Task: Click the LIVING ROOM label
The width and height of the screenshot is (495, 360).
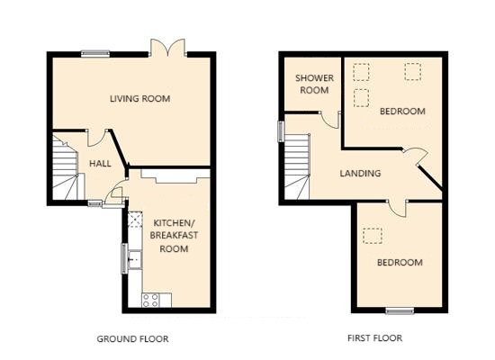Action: coord(139,98)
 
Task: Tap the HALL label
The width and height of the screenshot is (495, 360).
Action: coord(100,163)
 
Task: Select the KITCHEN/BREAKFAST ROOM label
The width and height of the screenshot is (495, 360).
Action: coord(174,236)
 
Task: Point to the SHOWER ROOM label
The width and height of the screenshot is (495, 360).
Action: coord(314,84)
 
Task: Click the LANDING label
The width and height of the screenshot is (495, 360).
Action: coord(360,173)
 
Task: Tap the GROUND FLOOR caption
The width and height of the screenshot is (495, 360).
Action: coord(132,338)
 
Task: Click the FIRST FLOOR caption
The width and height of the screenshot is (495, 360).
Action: coord(374,338)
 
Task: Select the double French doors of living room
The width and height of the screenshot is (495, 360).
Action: coord(167,48)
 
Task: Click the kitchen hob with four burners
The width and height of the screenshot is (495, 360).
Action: coord(150,300)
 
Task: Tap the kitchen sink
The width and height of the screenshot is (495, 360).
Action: coord(135,259)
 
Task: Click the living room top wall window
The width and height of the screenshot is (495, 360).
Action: coord(95,54)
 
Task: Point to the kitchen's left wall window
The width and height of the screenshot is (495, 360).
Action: coord(125,258)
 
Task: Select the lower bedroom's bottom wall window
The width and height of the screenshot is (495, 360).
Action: coord(400,311)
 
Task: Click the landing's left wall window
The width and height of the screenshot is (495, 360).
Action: coord(281,131)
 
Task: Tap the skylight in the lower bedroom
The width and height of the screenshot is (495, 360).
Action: coord(373,236)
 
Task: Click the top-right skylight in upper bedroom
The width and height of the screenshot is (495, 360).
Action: coord(413,72)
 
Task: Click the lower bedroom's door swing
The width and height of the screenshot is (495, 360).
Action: coord(399,210)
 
